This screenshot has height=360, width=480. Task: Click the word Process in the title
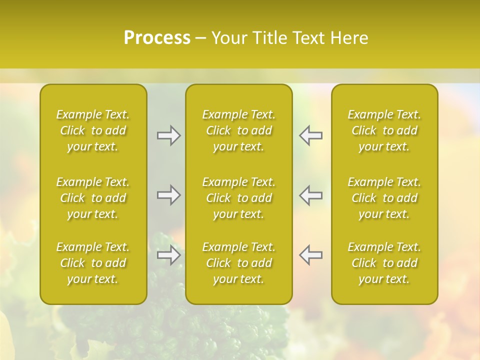coord(157,38)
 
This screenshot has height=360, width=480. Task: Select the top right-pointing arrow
coord(169,135)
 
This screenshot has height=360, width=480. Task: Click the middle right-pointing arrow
coord(169,195)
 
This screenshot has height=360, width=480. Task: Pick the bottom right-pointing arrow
coord(169,255)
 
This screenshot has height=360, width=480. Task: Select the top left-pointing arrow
coord(310,135)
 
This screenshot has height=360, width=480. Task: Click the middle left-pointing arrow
coord(310,195)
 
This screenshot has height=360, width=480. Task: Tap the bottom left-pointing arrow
coord(310,255)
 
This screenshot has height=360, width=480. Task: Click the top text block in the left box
coord(93,130)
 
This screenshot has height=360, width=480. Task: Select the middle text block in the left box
coord(93,198)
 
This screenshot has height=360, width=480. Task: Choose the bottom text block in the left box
coord(93,263)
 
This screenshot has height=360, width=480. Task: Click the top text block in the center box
coord(238,130)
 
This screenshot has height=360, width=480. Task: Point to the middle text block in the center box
coord(238,198)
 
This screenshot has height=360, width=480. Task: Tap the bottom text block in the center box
coord(238,263)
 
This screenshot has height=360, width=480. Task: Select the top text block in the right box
coord(384,130)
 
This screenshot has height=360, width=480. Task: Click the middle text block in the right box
coord(384,198)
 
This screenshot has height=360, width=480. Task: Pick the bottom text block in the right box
coord(384,263)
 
